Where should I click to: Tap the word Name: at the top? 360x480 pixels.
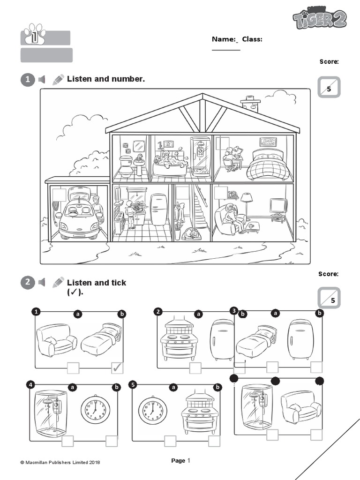pos(223,39)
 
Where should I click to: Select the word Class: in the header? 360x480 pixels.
pos(252,39)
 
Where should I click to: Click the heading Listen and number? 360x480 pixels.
pos(106,79)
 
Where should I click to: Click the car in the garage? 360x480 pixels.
pos(77,216)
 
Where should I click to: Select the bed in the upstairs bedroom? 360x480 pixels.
pos(265,164)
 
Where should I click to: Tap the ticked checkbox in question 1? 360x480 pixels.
pos(117,368)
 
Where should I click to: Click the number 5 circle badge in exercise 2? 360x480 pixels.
pos(134,385)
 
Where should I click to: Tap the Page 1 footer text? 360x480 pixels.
pos(180,461)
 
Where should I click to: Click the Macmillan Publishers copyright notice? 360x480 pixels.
pos(60,462)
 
